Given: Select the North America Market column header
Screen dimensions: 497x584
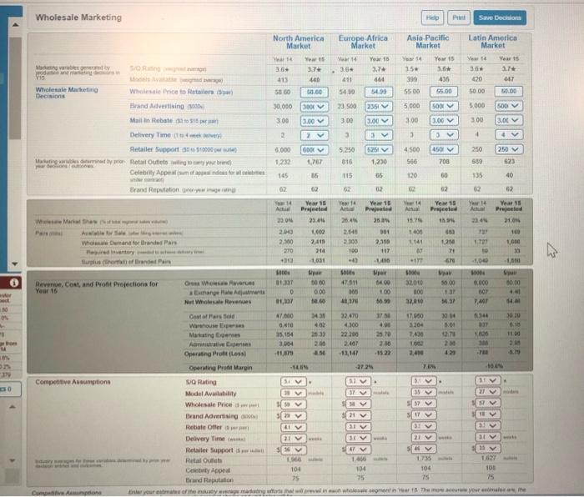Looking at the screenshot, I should pos(298,43).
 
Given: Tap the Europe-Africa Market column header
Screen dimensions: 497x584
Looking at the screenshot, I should pos(362,43).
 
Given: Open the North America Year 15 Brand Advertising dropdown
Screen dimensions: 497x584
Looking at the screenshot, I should pos(315,108).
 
